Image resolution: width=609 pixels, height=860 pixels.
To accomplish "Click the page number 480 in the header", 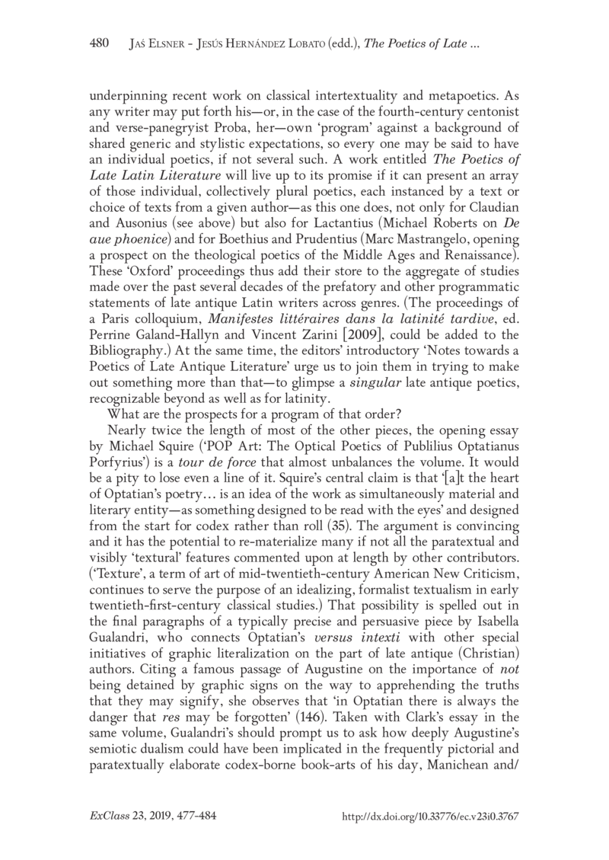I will click(100, 44).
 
